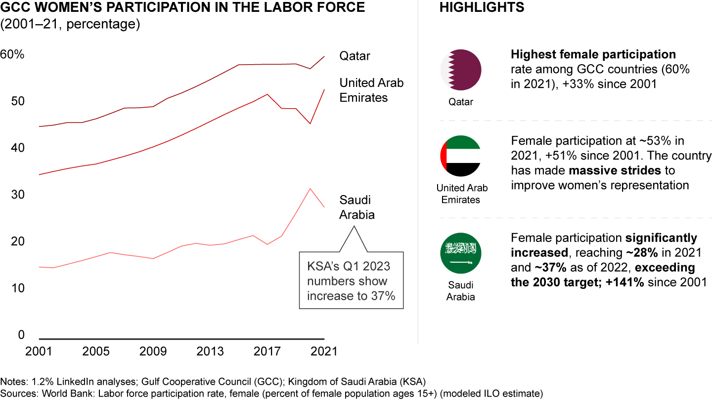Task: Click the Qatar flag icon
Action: (x=461, y=70)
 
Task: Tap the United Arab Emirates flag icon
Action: (x=461, y=156)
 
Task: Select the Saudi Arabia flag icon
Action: (x=461, y=254)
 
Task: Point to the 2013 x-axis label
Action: (x=210, y=352)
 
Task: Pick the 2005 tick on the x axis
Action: (x=96, y=352)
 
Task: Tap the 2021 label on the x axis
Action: (x=324, y=352)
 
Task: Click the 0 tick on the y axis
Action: (x=21, y=335)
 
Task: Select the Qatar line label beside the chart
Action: (x=355, y=56)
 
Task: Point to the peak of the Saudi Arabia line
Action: (x=310, y=189)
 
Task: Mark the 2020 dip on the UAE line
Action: (x=310, y=123)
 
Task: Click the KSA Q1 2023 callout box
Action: (x=351, y=281)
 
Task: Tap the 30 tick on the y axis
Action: (x=18, y=195)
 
